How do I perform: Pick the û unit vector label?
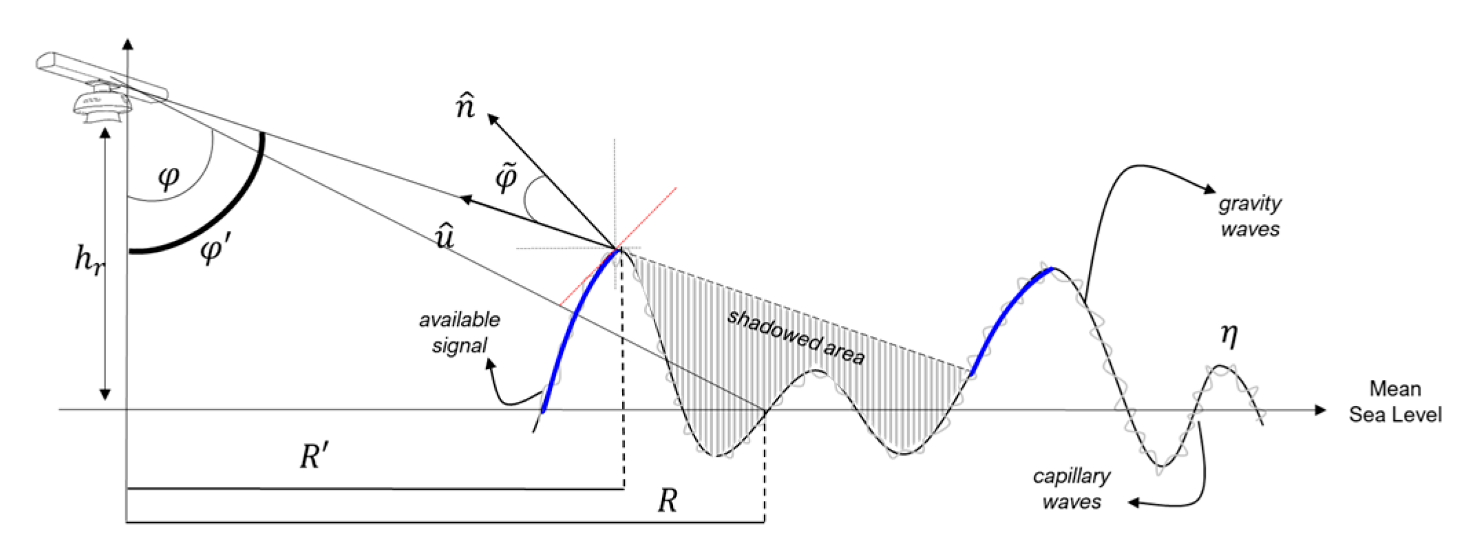point(444,237)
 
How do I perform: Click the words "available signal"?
point(459,332)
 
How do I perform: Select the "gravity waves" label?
point(1249,216)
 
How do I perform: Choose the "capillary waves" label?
point(1072,489)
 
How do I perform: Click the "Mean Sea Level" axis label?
point(1395,402)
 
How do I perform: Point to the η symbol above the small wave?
point(1229,335)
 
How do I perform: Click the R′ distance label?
point(313,457)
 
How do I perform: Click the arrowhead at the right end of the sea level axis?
point(1319,410)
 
